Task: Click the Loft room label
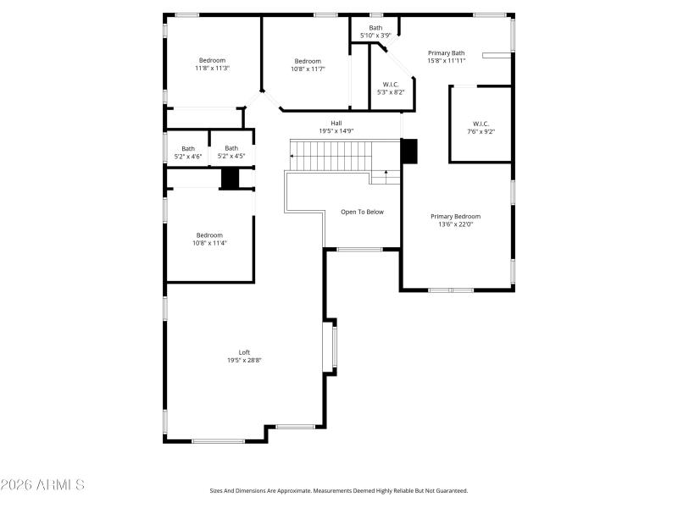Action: pyautogui.click(x=244, y=352)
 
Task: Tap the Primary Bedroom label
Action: pyautogui.click(x=455, y=216)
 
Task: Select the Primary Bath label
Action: pyautogui.click(x=446, y=52)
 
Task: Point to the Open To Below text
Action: pyautogui.click(x=362, y=212)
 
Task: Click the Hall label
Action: pyautogui.click(x=336, y=123)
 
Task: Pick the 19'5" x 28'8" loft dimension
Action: pyautogui.click(x=244, y=361)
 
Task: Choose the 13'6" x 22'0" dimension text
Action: pyautogui.click(x=455, y=224)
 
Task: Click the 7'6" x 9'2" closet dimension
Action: pyautogui.click(x=480, y=131)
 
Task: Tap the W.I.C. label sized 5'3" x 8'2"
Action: pyautogui.click(x=391, y=84)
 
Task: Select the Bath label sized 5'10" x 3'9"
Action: pyautogui.click(x=375, y=28)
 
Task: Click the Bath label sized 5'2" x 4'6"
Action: pyautogui.click(x=187, y=148)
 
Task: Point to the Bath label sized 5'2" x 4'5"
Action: pyautogui.click(x=231, y=148)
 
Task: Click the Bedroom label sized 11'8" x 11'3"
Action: pyautogui.click(x=212, y=60)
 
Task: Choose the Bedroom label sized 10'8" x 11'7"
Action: pyautogui.click(x=308, y=61)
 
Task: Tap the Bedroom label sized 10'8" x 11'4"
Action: pyautogui.click(x=210, y=235)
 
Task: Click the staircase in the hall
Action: pyautogui.click(x=331, y=156)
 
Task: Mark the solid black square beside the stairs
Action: pyautogui.click(x=409, y=151)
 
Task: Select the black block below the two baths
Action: pyautogui.click(x=230, y=179)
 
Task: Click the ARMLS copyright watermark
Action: pyautogui.click(x=42, y=485)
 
